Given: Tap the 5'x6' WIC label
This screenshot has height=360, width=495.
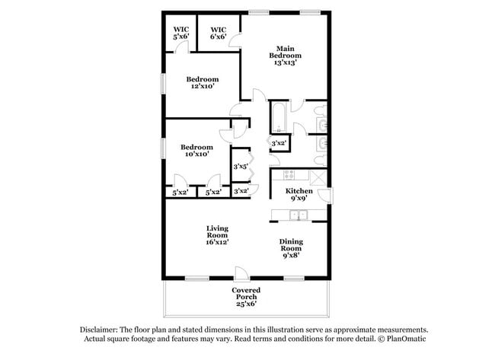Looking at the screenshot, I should click(180, 33).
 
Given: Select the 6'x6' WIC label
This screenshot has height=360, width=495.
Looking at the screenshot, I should click(219, 33).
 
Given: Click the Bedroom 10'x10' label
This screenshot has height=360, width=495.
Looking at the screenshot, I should click(196, 150).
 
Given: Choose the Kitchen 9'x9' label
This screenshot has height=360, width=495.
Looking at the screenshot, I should click(298, 194).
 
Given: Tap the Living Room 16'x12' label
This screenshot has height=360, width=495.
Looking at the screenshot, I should click(217, 234).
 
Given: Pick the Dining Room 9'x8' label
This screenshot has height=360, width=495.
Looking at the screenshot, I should click(291, 249).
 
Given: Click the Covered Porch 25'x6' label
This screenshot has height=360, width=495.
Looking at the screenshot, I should click(245, 297).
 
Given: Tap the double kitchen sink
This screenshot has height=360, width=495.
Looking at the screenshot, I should click(299, 215).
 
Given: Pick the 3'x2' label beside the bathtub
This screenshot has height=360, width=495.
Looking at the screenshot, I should click(279, 142).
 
